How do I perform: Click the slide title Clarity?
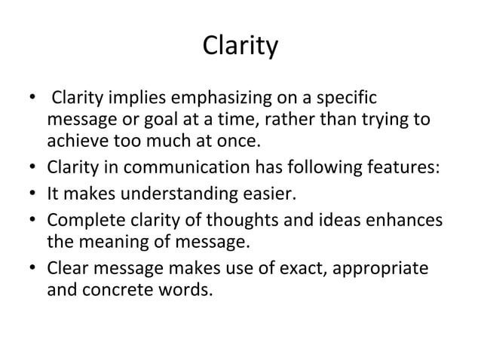[240, 47]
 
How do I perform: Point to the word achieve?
[74, 141]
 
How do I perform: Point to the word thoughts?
[228, 224]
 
